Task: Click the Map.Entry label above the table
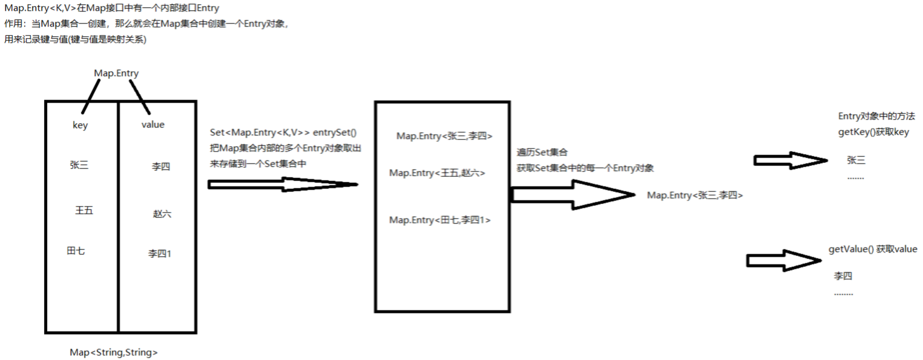pyautogui.click(x=116, y=73)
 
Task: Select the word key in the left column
pyautogui.click(x=80, y=125)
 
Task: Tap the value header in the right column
pyautogui.click(x=153, y=125)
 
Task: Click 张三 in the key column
pyautogui.click(x=79, y=165)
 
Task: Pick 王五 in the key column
pyautogui.click(x=84, y=211)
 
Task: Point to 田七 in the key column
pyautogui.click(x=76, y=250)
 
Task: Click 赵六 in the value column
pyautogui.click(x=162, y=214)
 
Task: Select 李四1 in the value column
pyautogui.click(x=160, y=254)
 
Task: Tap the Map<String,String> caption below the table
pyautogui.click(x=114, y=352)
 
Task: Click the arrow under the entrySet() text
pyautogui.click(x=283, y=185)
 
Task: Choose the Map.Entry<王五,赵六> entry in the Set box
pyautogui.click(x=437, y=173)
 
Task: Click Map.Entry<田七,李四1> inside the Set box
pyautogui.click(x=439, y=220)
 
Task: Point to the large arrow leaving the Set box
pyautogui.click(x=572, y=194)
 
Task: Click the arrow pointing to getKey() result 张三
pyautogui.click(x=790, y=160)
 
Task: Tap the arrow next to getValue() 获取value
pyautogui.click(x=784, y=260)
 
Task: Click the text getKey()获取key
pyautogui.click(x=873, y=132)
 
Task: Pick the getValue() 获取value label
pyautogui.click(x=872, y=249)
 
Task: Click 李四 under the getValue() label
pyautogui.click(x=843, y=276)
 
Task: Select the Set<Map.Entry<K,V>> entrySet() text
pyautogui.click(x=283, y=133)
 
